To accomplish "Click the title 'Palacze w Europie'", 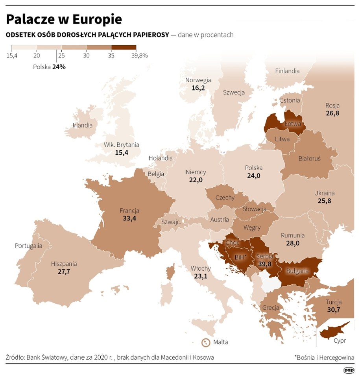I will tap(64, 19).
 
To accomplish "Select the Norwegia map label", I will tap(198, 80).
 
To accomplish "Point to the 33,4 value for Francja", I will tap(129, 218).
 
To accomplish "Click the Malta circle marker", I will tap(205, 342).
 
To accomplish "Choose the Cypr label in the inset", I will tap(340, 341).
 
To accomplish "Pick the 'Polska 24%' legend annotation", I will tap(49, 67).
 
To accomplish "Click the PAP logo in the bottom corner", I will tap(349, 370).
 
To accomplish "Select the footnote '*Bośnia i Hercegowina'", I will tap(324, 357).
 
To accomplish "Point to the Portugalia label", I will tap(28, 246).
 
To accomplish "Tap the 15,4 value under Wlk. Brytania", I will tap(122, 152).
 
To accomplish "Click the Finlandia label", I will tap(287, 71).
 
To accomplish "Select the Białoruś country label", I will tap(310, 158).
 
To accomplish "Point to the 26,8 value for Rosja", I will tap(332, 113).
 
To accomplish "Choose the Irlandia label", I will tap(83, 126).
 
